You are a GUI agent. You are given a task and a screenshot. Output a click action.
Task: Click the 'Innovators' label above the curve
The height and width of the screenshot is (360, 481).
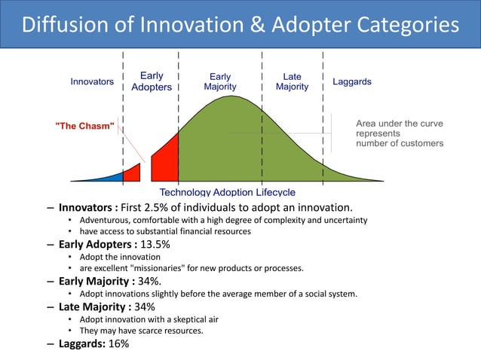point(92,81)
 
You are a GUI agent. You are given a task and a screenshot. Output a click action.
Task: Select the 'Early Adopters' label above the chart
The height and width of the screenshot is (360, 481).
point(152,81)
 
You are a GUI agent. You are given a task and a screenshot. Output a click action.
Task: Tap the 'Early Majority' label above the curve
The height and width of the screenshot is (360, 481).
point(220,81)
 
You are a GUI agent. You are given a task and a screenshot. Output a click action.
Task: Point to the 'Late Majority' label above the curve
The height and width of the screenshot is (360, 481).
point(292,81)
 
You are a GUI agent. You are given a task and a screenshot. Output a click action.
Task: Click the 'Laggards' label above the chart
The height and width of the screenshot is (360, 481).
point(351,81)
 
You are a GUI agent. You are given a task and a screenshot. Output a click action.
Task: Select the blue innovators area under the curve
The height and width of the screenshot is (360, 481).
point(112,178)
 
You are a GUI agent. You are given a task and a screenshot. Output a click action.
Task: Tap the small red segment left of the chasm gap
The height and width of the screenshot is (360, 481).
point(132,173)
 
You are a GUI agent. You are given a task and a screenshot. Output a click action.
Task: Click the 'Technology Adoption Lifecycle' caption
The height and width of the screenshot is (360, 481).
point(227,193)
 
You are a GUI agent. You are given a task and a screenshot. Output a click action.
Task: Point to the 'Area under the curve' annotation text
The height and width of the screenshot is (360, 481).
point(399,124)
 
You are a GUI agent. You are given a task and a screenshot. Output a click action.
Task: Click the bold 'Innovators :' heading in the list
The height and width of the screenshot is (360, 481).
point(89,207)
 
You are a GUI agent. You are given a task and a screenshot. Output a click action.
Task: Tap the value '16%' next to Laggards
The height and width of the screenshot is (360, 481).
point(118,343)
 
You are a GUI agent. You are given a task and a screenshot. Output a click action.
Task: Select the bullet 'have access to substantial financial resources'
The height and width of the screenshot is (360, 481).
point(164,232)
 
